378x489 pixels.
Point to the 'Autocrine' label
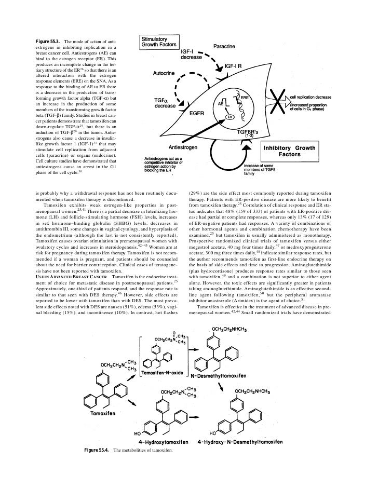click(x=167, y=74)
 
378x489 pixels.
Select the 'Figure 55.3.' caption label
click(x=48, y=41)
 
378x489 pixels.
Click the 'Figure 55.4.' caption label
click(x=97, y=450)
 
